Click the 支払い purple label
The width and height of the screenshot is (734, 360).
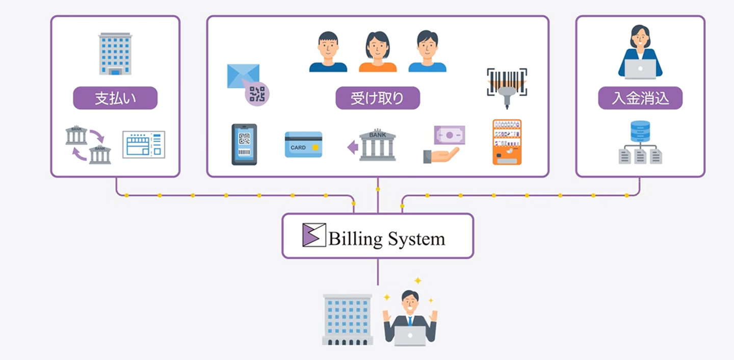[x=115, y=98]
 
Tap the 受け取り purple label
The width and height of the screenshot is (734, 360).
[x=377, y=98]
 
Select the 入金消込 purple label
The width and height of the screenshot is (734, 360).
[x=640, y=98]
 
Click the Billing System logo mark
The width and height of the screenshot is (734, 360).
[x=314, y=235]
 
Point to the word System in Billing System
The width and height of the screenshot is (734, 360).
[x=416, y=239]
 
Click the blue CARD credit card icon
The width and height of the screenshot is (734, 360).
[x=303, y=144]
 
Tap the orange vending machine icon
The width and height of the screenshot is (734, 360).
[x=507, y=142]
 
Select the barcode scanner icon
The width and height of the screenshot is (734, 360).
[x=506, y=88]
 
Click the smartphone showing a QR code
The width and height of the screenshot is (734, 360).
[x=244, y=144]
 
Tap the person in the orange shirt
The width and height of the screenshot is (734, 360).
[x=377, y=52]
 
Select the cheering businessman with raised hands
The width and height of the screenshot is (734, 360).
[x=410, y=317]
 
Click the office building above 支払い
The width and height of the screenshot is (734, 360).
[x=115, y=54]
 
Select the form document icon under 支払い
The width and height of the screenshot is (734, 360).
[x=144, y=144]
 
